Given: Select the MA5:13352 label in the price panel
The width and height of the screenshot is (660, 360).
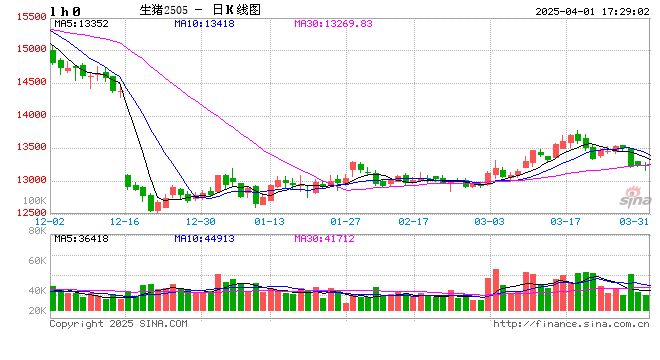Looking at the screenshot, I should pyautogui.click(x=81, y=22).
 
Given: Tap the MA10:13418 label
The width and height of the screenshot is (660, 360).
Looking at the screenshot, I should pyautogui.click(x=207, y=22).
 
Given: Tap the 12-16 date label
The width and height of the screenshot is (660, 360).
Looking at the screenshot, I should pyautogui.click(x=125, y=221).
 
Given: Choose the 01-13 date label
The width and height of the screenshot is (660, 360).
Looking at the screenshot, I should pyautogui.click(x=270, y=221).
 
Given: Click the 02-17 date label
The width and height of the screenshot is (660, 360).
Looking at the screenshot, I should pyautogui.click(x=415, y=221).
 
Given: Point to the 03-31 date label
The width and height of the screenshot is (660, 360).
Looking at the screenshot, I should pyautogui.click(x=635, y=221).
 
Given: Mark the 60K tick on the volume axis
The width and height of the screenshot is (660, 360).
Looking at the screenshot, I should pyautogui.click(x=36, y=260).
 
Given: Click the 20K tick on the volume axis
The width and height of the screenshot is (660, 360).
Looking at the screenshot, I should pyautogui.click(x=36, y=311).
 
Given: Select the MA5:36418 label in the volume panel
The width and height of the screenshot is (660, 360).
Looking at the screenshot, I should pyautogui.click(x=81, y=239).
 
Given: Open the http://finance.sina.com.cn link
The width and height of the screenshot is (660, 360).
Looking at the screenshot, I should pyautogui.click(x=572, y=324).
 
